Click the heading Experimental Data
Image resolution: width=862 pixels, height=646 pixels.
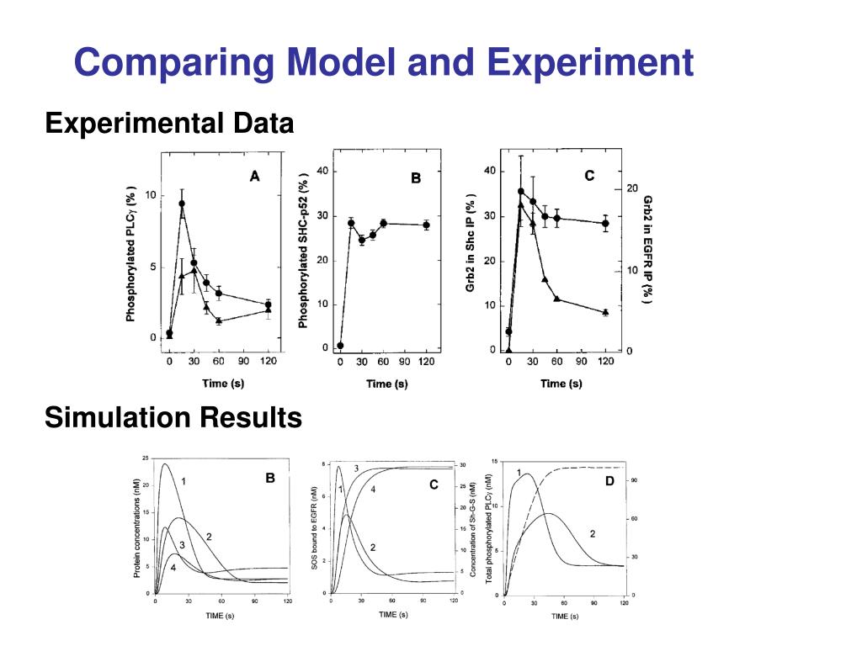(169, 124)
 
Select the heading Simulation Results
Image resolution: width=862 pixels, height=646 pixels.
(173, 416)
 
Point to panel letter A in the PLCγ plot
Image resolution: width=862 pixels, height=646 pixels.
(255, 176)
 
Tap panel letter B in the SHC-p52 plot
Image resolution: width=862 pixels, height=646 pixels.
(415, 178)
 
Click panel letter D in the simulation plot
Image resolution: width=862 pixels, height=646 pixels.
(609, 480)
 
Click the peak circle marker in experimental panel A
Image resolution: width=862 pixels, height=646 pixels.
(182, 204)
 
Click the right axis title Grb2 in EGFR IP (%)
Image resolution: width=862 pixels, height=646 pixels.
(647, 250)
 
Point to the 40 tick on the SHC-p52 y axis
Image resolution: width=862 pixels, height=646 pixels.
(322, 172)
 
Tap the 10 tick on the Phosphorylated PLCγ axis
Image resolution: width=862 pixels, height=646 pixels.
(151, 195)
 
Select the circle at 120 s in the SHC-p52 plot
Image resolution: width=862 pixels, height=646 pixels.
(426, 225)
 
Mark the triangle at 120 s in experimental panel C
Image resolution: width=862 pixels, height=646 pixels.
(605, 312)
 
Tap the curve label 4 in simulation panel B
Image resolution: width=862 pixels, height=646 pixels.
(173, 568)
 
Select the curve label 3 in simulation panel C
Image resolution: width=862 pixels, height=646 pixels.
(356, 468)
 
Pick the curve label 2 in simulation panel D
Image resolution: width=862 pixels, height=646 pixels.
(592, 533)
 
